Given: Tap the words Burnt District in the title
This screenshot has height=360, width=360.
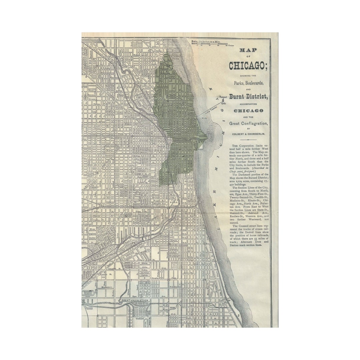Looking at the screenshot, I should pyautogui.click(x=248, y=97).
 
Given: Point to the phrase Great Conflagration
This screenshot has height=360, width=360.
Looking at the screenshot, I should pyautogui.click(x=248, y=124).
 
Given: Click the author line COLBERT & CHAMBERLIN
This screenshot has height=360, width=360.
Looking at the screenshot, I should pyautogui.click(x=248, y=133).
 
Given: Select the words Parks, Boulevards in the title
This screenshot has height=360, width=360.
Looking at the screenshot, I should pyautogui.click(x=248, y=83).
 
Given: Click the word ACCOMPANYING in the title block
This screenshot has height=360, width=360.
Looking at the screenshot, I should pyautogui.click(x=248, y=104).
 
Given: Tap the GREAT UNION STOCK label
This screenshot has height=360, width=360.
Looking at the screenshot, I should pyautogui.click(x=135, y=300).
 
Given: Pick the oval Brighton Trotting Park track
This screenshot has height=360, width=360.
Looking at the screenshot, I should pyautogui.click(x=89, y=293).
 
